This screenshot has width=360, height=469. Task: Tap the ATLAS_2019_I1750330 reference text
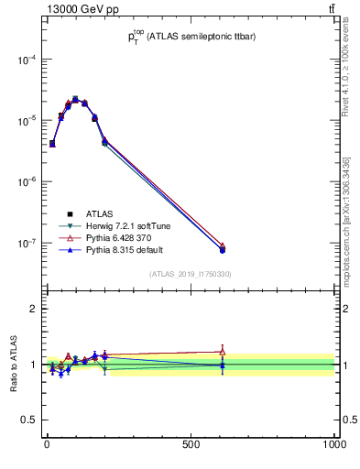190,274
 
